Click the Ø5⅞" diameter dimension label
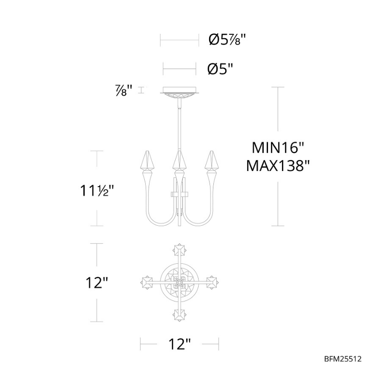228,39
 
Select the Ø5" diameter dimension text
220,69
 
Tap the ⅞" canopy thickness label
124,90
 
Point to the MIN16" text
278,148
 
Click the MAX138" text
278,166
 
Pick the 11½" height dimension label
97,190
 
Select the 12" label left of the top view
97,283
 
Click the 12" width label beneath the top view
180,344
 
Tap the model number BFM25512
343,359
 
